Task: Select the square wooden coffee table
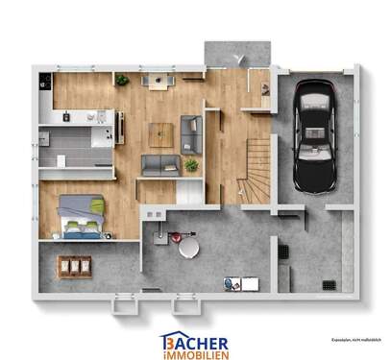click(159, 135)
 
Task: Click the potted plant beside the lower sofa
click(191, 165)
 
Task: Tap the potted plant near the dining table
click(122, 80)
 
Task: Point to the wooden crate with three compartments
click(74, 264)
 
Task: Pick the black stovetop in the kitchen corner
click(44, 83)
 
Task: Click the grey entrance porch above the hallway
click(236, 53)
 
